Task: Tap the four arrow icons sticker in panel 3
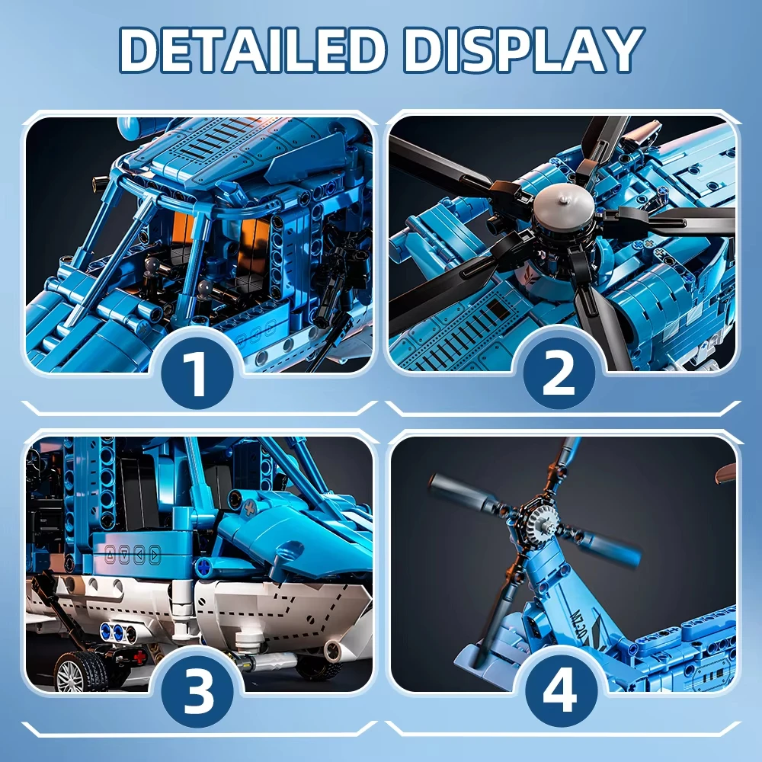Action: (x=132, y=553)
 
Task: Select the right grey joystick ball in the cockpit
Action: (x=204, y=288)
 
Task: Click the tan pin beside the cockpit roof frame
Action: (x=97, y=183)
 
